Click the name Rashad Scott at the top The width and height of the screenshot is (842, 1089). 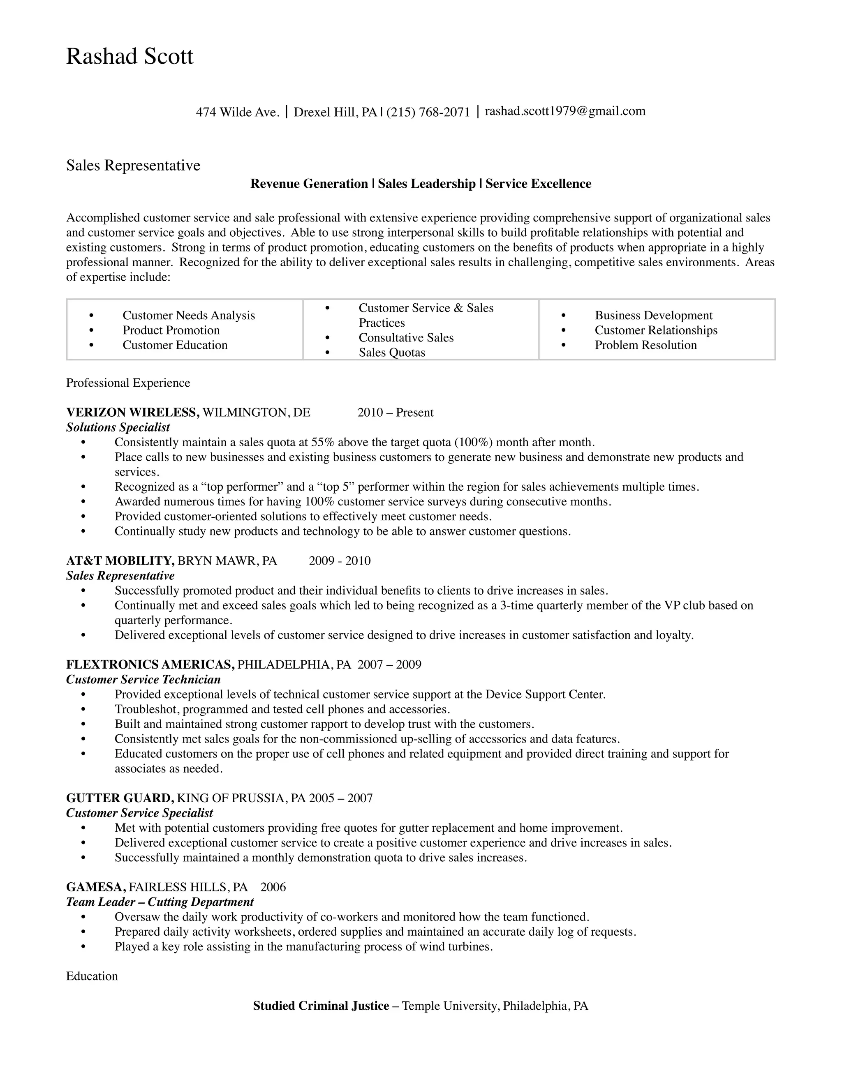click(129, 56)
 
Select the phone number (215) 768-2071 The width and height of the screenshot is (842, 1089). click(428, 112)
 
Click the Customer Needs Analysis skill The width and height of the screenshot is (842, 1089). click(189, 315)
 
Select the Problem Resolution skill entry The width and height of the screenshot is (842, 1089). click(645, 345)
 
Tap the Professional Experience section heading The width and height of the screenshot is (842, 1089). click(128, 383)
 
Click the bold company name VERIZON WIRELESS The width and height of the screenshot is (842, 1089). click(133, 412)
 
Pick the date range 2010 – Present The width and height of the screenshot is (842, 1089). click(395, 412)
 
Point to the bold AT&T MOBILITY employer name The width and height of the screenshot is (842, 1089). click(120, 561)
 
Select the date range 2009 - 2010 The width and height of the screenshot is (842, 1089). click(340, 561)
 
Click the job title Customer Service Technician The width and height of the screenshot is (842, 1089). click(143, 680)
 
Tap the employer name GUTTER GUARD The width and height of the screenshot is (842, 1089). click(120, 798)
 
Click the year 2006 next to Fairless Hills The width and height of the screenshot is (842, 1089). click(273, 887)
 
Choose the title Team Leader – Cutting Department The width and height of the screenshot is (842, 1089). click(160, 902)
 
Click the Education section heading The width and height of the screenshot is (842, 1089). click(92, 976)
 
